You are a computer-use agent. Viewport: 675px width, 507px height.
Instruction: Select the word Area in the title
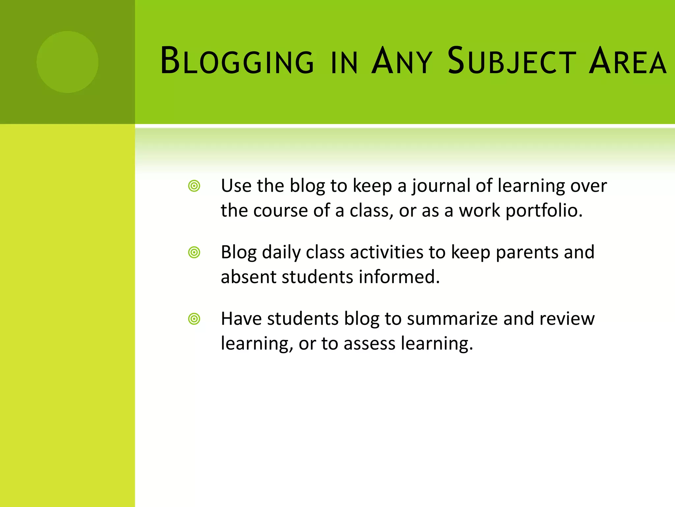pos(628,61)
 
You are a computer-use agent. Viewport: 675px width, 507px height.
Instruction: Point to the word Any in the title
pos(401,61)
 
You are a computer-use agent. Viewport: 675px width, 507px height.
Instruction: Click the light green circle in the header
pos(68,62)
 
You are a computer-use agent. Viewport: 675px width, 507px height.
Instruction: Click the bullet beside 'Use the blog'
pos(194,186)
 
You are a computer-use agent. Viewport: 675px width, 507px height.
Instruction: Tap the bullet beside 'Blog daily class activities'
pos(194,253)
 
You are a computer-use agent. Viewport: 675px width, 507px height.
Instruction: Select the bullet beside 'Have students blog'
pos(194,319)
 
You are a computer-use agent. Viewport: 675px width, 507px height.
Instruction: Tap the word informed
pos(399,277)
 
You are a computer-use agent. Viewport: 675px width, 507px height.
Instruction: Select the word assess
pos(369,344)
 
